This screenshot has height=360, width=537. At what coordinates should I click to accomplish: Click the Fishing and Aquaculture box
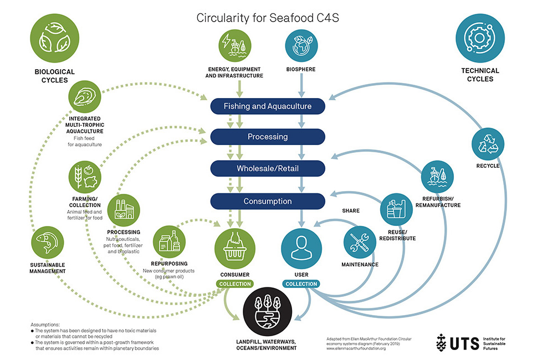click(x=267, y=106)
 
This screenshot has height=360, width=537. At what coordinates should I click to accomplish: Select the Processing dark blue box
click(x=267, y=137)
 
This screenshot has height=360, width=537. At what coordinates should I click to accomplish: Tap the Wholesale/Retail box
click(x=267, y=168)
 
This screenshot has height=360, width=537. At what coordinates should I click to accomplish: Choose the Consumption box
click(x=267, y=200)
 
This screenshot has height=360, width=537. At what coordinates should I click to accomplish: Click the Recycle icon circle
click(x=487, y=144)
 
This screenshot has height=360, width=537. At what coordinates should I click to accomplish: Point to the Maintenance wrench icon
click(x=360, y=243)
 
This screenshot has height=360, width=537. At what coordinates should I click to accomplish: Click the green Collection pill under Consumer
click(x=235, y=284)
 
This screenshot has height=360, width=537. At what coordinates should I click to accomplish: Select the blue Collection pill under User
click(x=301, y=284)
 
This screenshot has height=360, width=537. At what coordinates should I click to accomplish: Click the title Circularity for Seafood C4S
click(x=268, y=18)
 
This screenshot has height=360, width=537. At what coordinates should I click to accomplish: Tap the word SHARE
click(x=351, y=211)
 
